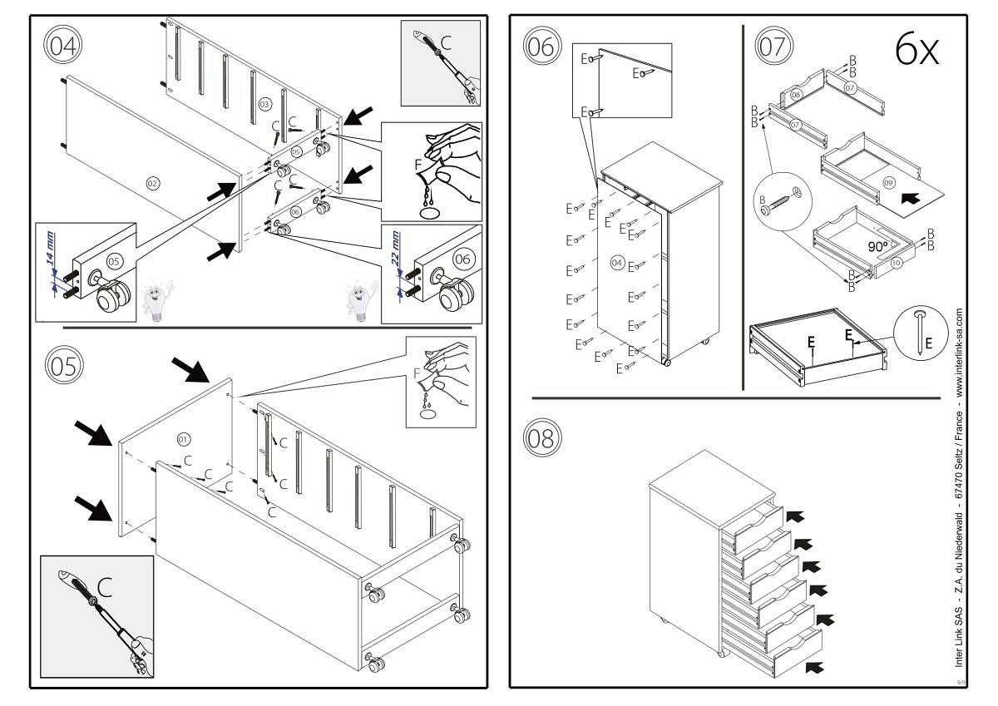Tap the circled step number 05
tap(61, 365)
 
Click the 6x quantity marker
tap(916, 51)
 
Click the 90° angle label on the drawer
tap(878, 247)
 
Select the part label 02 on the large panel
tap(152, 182)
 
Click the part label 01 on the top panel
tap(184, 437)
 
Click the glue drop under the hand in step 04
tap(430, 213)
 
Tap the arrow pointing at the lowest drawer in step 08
tap(817, 665)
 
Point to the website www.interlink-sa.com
tap(960, 350)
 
